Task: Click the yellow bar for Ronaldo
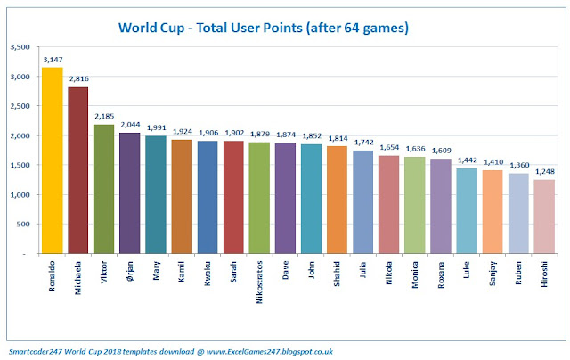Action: pyautogui.click(x=52, y=160)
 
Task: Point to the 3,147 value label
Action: pyautogui.click(x=52, y=61)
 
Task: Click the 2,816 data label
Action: pyautogui.click(x=77, y=80)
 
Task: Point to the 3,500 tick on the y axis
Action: pyautogui.click(x=20, y=47)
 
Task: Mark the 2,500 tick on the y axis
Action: pyautogui.click(x=20, y=106)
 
